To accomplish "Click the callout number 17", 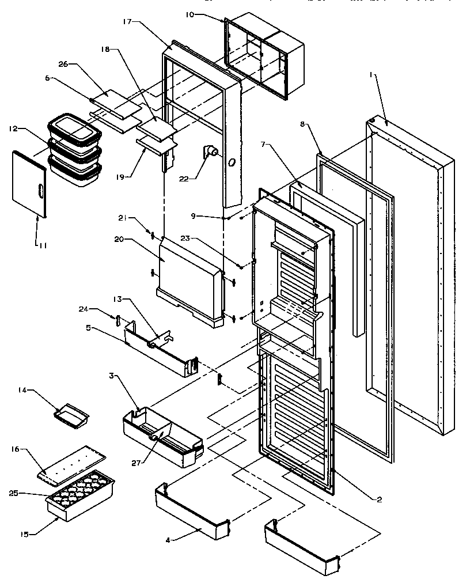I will [127, 22].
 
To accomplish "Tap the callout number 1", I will [372, 75].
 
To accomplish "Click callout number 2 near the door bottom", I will [379, 499].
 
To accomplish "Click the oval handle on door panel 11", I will [38, 191].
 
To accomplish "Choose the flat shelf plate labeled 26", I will [117, 103].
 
